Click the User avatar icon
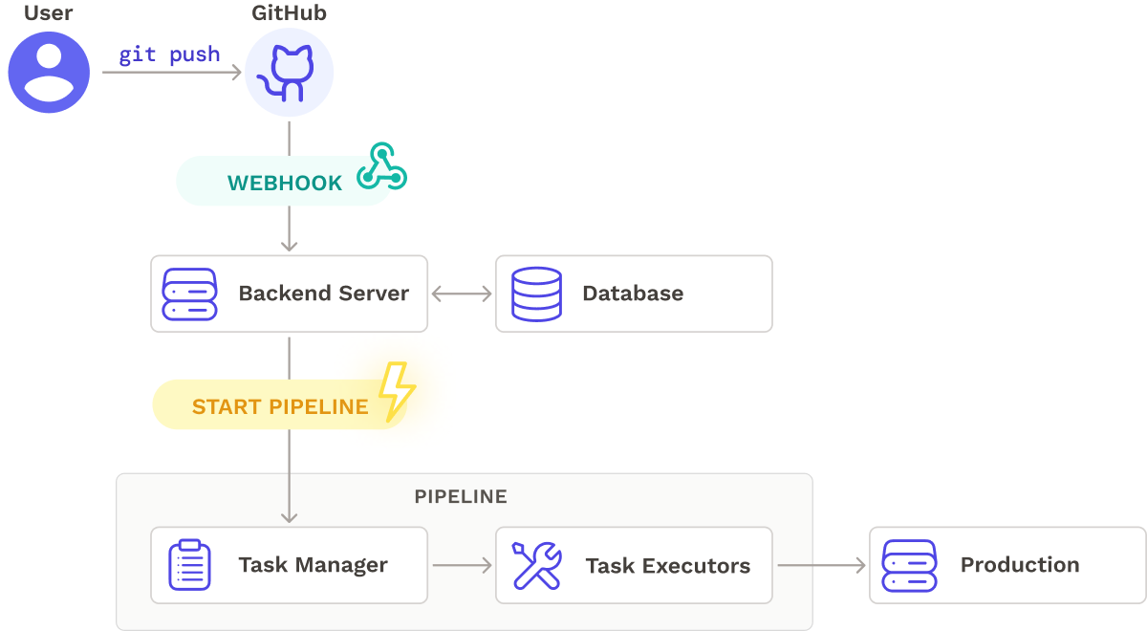click(49, 72)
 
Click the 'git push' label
click(169, 54)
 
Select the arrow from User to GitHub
click(172, 72)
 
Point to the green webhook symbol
click(381, 167)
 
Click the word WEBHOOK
click(285, 184)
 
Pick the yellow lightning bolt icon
click(396, 391)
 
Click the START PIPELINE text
click(280, 406)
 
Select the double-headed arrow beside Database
click(461, 294)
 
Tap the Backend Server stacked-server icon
click(190, 294)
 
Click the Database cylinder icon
click(536, 294)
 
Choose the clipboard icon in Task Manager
click(189, 565)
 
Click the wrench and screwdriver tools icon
click(536, 565)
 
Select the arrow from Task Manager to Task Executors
click(461, 565)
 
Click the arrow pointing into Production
click(820, 565)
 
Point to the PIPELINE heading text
click(461, 497)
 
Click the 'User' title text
click(49, 13)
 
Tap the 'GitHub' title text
click(289, 13)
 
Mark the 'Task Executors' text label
click(667, 565)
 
